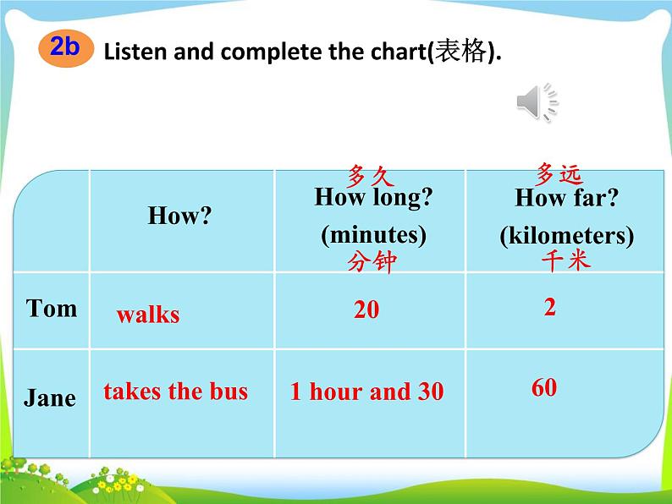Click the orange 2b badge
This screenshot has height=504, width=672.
coord(65,48)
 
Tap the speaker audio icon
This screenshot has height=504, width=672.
coord(537,102)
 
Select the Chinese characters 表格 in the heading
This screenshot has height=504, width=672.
coord(460,52)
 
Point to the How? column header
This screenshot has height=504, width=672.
coord(179,215)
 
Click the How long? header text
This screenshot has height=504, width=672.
coord(373,197)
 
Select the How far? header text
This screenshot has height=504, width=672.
coord(566,197)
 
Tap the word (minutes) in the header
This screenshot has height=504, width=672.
coord(374,234)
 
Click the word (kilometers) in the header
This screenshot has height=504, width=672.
coord(566,236)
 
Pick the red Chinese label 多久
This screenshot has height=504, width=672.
coord(371,176)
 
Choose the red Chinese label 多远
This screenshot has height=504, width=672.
coord(559,174)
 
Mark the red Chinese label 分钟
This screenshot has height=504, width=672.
coord(372,261)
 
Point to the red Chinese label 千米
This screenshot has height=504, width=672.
coord(565,260)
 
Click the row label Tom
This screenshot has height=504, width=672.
coord(52,309)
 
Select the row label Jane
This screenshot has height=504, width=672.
coord(50,397)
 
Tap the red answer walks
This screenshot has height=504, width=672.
coord(148,315)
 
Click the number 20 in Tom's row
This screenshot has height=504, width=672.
coord(366,310)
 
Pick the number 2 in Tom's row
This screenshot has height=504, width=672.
coord(550,307)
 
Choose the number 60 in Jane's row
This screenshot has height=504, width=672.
coord(544,387)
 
